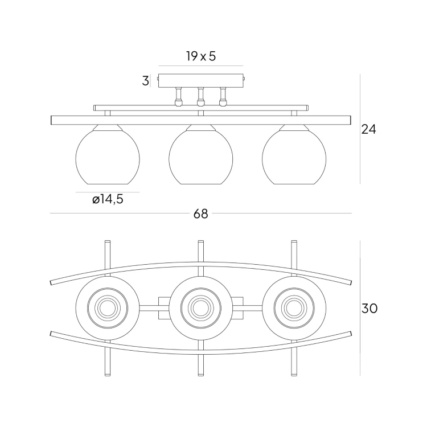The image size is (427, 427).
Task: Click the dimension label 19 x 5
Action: (200, 56)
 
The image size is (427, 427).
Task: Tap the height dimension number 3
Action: (146, 81)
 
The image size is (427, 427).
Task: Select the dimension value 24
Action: (369, 129)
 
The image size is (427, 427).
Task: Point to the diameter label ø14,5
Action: (108, 199)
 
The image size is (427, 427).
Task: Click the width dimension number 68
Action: (200, 214)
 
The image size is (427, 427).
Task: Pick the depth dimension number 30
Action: (369, 309)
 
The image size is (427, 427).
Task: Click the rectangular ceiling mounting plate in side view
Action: (200, 81)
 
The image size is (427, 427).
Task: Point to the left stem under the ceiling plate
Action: (178, 97)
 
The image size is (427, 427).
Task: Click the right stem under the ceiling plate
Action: (223, 97)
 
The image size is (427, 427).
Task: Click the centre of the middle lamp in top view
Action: (200, 309)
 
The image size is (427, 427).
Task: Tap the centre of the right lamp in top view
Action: (294, 309)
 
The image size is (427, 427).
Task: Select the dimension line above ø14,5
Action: (108, 192)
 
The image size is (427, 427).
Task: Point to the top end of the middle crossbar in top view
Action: (200, 243)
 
